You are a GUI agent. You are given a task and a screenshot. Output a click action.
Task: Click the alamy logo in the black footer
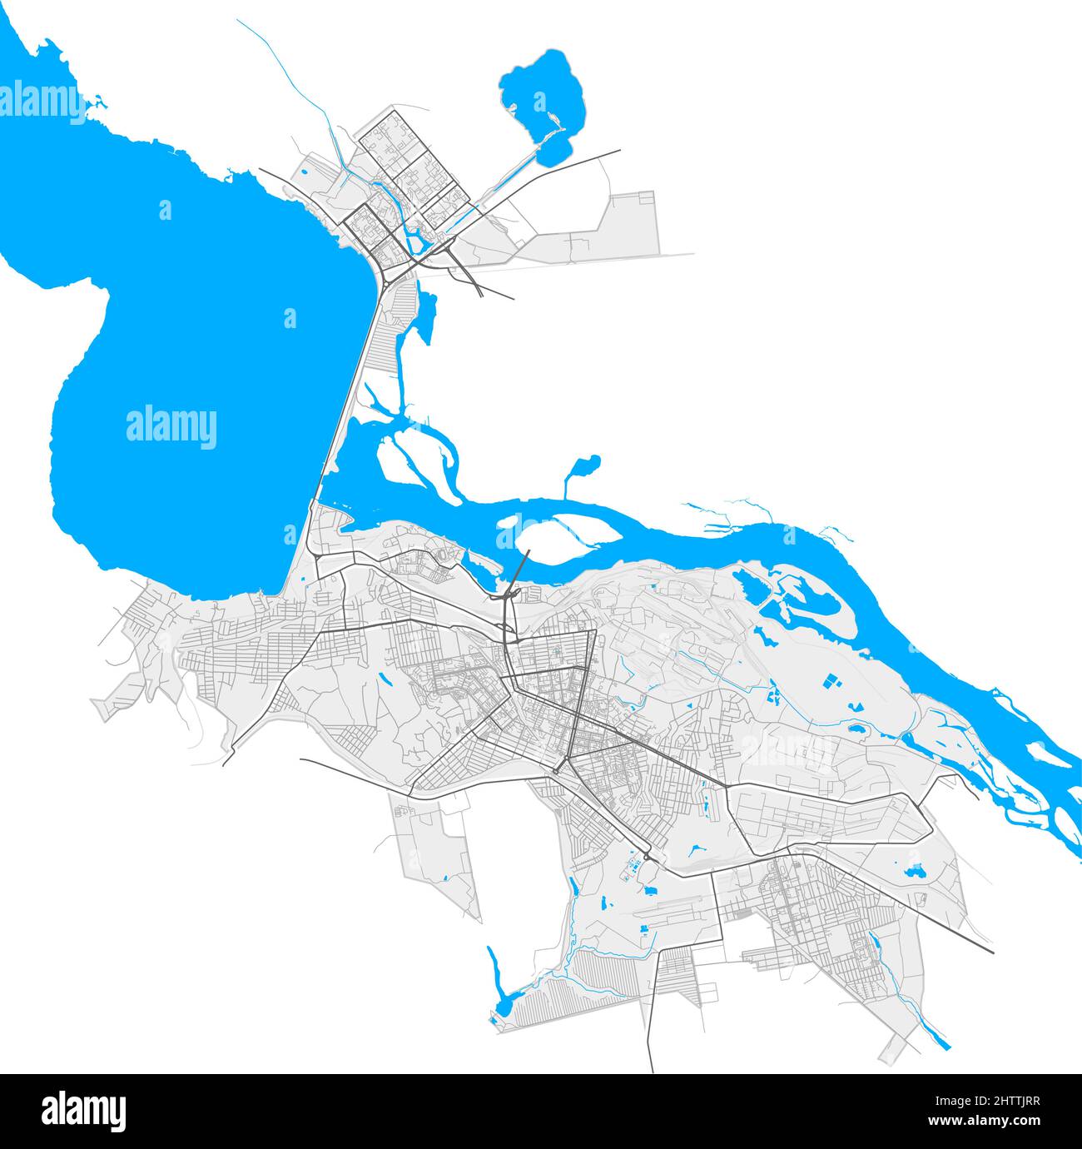[x=84, y=1111]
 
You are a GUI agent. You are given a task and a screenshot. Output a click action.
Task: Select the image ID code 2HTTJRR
[x=995, y=1101]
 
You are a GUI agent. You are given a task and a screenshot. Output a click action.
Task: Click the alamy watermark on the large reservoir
[x=171, y=427]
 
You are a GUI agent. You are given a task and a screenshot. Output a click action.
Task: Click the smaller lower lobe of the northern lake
[x=553, y=151]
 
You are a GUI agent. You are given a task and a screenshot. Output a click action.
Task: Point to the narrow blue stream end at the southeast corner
[x=941, y=1037]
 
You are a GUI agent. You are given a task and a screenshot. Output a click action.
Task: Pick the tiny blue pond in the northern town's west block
[x=305, y=173]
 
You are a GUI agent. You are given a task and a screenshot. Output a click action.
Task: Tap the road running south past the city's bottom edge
[x=650, y=1032]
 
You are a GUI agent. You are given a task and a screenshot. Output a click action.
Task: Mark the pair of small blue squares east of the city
[x=831, y=680]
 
